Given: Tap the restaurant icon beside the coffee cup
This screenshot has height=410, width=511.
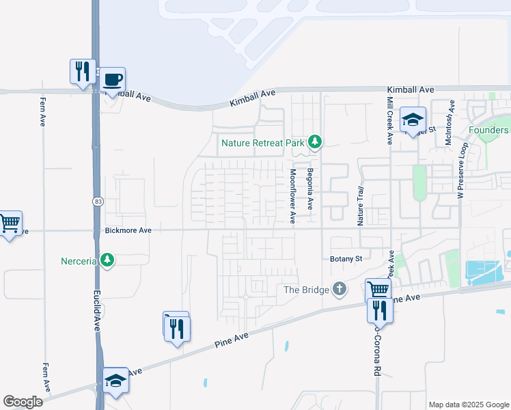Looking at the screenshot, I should tap(82, 70).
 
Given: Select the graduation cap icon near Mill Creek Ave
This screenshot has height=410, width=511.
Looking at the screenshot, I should tap(413, 120).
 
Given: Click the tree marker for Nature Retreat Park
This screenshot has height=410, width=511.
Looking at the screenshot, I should tap(314, 142).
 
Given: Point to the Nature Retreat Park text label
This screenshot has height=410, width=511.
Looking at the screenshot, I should tap(262, 143).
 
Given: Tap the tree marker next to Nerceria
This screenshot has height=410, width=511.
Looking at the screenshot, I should tap(107, 260).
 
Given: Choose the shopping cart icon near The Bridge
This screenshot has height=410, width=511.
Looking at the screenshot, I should tap(378, 289).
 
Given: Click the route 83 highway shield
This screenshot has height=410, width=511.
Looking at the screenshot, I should tap(98, 200).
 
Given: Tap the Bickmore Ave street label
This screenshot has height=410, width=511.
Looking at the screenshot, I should tap(128, 231).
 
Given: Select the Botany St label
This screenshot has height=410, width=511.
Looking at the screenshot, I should tap(345, 259).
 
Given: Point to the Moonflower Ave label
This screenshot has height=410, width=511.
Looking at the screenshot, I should tap(292, 197).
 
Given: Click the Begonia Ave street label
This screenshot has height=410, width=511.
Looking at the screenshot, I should tap(309, 189).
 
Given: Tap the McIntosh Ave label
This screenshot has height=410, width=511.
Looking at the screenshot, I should tap(450, 124).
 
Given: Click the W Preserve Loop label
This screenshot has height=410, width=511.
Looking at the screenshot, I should tap(461, 171).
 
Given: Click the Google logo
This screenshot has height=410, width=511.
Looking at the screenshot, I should tap(23, 401).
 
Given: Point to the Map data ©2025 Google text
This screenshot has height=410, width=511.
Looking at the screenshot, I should tap(469, 405).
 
